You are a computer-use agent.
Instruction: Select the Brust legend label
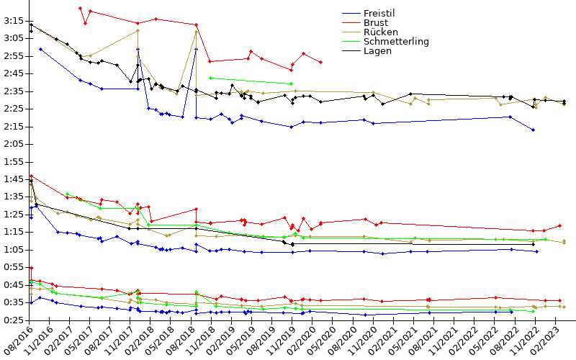(376, 23)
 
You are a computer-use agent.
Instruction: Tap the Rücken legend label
(379, 32)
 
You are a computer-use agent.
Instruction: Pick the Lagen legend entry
(378, 51)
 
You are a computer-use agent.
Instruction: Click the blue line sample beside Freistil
(351, 14)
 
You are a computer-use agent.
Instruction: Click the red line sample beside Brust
(351, 23)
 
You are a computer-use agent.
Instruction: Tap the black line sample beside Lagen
(351, 51)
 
